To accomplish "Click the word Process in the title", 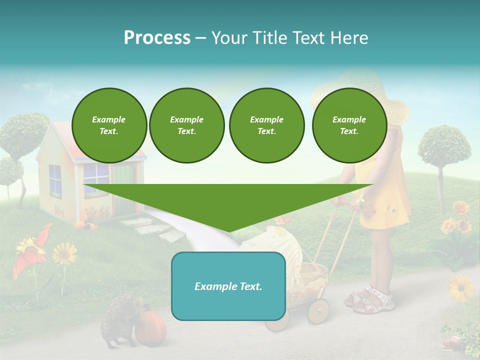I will coord(157,37).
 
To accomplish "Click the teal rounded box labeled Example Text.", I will coord(228,286).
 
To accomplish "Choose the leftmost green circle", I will coord(109,125).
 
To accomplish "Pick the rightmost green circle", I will coord(349,125).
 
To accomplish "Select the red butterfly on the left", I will coord(32,250).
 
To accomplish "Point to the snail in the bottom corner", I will coord(451,342).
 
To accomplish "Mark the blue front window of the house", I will coord(95,174).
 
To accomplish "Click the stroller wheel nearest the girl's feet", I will coord(318,311).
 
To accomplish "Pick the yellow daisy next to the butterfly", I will coord(64,253).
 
